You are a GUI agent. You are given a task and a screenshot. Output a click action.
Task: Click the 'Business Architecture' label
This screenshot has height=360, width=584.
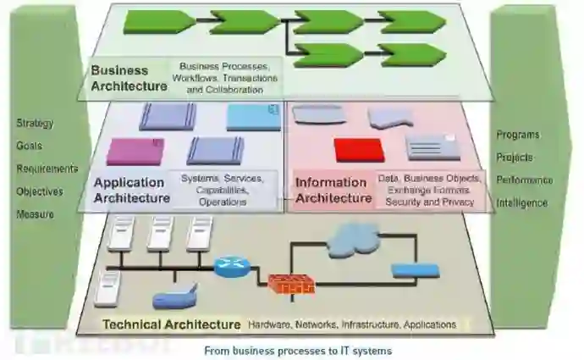(x=129, y=78)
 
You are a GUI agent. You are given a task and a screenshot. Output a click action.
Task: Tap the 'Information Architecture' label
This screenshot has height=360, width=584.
(x=331, y=190)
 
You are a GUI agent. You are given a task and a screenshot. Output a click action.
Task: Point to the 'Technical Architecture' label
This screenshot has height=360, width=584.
(x=171, y=324)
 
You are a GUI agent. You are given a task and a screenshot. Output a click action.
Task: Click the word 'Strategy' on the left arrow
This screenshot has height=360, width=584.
(x=35, y=124)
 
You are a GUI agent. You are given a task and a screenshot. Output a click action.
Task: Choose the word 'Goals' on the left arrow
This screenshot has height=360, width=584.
(x=29, y=146)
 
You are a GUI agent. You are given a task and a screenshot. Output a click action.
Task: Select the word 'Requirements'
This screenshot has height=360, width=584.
(x=47, y=169)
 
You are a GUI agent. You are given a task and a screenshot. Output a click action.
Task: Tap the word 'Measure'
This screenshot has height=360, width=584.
(x=35, y=214)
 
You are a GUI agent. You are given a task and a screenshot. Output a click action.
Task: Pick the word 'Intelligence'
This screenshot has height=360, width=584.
(x=522, y=203)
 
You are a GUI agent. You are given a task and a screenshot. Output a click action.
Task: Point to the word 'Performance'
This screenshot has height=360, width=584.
(x=525, y=180)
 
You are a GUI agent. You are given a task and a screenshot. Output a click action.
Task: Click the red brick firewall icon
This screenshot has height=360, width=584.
(x=291, y=284)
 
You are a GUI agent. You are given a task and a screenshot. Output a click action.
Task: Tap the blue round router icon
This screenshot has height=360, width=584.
(x=228, y=267)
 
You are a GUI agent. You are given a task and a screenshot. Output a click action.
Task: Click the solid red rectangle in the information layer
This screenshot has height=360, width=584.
(x=359, y=150)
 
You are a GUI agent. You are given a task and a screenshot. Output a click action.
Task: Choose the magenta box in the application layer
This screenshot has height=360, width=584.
(x=134, y=151)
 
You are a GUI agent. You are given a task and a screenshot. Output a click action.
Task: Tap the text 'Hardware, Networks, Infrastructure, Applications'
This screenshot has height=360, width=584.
(x=351, y=324)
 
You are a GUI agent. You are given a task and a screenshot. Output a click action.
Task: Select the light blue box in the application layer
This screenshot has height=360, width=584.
(x=253, y=117)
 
